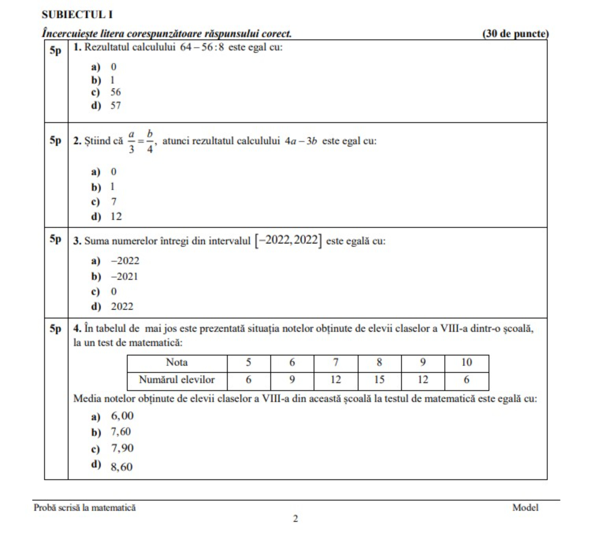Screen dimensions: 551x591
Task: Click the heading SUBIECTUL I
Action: point(77,15)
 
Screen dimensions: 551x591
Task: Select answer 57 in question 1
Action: point(115,106)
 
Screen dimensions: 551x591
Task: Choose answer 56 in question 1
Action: point(115,92)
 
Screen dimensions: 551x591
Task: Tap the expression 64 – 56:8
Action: point(202,47)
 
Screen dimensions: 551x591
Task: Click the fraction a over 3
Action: point(131,141)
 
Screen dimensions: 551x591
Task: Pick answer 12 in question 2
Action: point(116,216)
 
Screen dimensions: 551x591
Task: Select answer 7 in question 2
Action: point(114,201)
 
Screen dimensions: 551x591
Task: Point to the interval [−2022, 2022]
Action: point(288,240)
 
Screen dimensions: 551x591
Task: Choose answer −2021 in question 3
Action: point(125,276)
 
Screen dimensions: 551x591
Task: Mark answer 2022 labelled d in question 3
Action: point(122,306)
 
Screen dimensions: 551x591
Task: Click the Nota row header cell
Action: point(177,362)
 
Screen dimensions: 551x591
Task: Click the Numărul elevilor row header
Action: point(177,380)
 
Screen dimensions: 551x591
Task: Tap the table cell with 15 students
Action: point(379,380)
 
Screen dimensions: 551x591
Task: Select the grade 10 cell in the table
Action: point(466,362)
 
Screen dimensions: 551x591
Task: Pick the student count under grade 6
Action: point(292,380)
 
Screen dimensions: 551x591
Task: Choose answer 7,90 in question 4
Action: point(122,448)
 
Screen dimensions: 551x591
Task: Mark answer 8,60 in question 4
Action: point(122,467)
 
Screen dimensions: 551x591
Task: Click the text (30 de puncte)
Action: point(515,34)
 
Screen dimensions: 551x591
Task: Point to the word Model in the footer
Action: point(525,508)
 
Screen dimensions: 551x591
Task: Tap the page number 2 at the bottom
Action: point(295,519)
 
